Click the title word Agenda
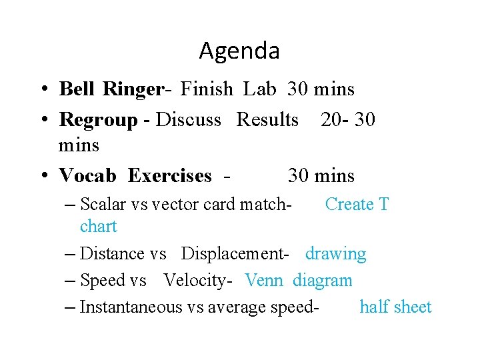click(x=239, y=51)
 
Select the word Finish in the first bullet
click(x=207, y=89)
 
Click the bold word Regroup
click(x=97, y=120)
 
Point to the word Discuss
click(x=188, y=120)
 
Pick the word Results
click(x=268, y=120)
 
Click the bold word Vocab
click(x=88, y=176)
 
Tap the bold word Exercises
click(x=169, y=176)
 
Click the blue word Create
click(x=346, y=205)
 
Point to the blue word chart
click(x=98, y=227)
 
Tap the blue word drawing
click(x=336, y=254)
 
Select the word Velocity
click(x=197, y=281)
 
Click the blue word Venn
click(x=265, y=281)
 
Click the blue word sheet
click(x=413, y=307)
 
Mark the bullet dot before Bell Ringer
click(x=43, y=89)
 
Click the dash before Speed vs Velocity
click(x=71, y=281)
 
